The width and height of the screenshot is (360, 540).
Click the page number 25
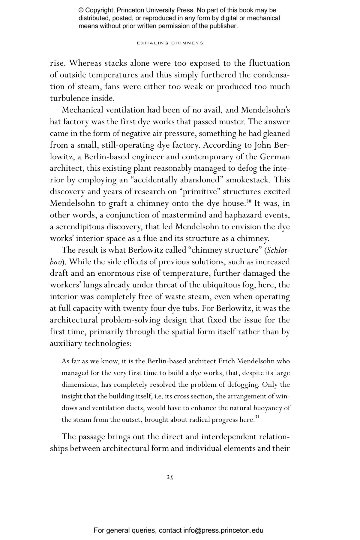point(170,477)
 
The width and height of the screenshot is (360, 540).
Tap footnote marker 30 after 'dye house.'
point(249,201)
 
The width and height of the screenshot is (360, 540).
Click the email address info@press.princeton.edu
point(223,530)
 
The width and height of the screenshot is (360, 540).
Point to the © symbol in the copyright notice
point(81,10)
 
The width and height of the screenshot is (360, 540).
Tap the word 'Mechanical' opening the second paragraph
point(82,110)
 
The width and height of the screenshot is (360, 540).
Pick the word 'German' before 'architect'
point(275,157)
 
